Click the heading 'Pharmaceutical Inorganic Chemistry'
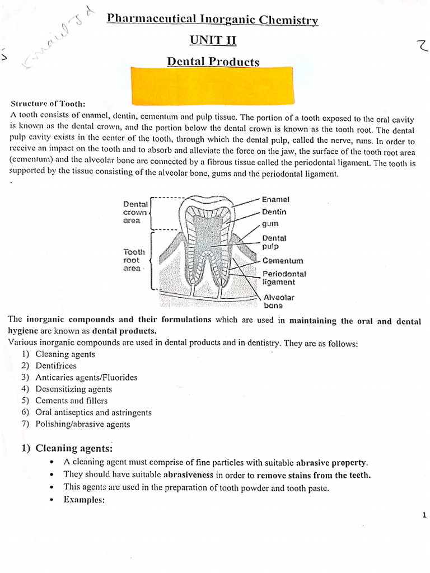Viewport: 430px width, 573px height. [x=212, y=20]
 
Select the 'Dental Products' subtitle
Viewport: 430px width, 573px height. [x=213, y=62]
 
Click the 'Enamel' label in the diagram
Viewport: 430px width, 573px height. [x=275, y=199]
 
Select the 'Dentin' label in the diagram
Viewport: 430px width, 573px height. [x=274, y=212]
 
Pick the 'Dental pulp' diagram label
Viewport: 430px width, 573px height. [x=274, y=242]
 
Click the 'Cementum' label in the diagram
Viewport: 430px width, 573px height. [x=283, y=261]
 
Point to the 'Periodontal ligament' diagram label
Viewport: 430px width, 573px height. [x=284, y=278]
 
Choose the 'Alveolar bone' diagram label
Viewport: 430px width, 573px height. [x=278, y=302]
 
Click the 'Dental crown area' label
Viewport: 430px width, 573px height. [x=135, y=213]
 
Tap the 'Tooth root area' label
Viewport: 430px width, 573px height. [x=134, y=260]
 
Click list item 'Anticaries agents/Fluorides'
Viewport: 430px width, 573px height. [x=86, y=377]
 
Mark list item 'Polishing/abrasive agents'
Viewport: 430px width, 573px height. [x=82, y=424]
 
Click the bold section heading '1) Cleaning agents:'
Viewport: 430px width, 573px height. [x=67, y=448]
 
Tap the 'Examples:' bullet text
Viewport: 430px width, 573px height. [x=84, y=500]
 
